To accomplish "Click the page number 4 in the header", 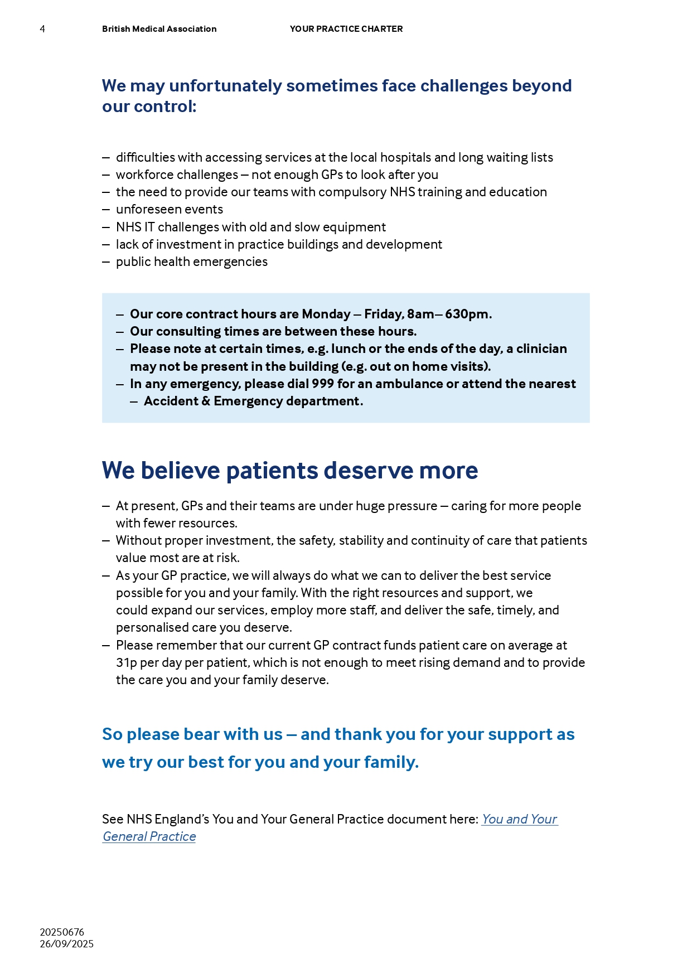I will click(42, 29).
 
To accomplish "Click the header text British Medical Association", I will click(159, 29).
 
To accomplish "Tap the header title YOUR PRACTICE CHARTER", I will click(346, 29).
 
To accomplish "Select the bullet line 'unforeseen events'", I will click(169, 210).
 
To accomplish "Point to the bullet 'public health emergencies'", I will click(191, 262).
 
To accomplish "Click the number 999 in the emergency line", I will click(323, 384).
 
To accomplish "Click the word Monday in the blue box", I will click(326, 314).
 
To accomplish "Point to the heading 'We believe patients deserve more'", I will click(289, 471).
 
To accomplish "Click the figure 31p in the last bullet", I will click(126, 663).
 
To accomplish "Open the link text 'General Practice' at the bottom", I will click(149, 837).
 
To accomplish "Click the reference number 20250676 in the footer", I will click(62, 932).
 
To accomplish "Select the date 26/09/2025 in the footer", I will click(66, 944).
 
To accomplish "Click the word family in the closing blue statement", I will click(390, 762).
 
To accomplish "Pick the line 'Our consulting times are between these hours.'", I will click(273, 332).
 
